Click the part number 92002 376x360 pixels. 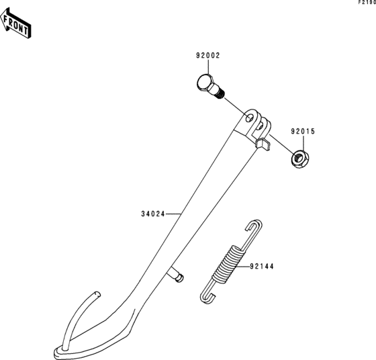coord(208,56)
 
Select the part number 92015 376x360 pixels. coord(303,132)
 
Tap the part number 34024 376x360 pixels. coord(153,214)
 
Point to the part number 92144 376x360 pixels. coord(262,267)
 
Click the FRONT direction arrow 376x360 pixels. coord(15,24)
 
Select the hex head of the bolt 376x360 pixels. coord(205,83)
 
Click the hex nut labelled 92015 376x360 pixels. coord(300,159)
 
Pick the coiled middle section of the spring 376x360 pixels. coord(228,263)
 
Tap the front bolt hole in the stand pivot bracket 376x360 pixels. coord(250,118)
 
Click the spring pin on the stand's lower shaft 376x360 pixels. coord(176,275)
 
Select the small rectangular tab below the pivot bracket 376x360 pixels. coord(263,144)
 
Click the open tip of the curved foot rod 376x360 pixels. coord(97,294)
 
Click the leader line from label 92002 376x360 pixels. coord(208,67)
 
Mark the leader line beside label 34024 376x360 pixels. coord(173,214)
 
